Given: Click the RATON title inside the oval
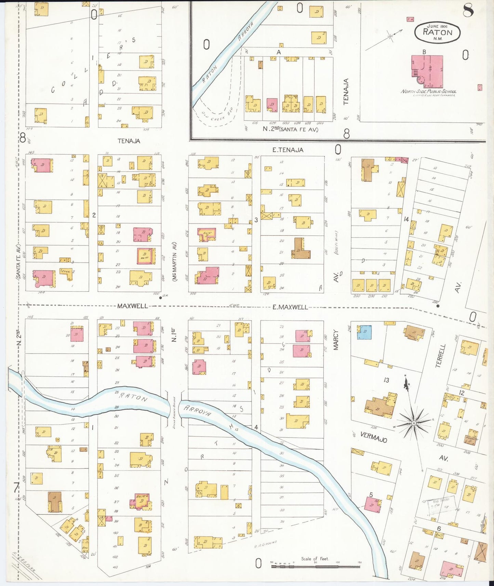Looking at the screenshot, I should [437, 32].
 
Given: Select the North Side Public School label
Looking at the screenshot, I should [428, 91].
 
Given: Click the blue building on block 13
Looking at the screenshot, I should [364, 332].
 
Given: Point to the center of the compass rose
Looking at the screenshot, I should [414, 423].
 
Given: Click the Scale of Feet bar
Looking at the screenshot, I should [315, 567].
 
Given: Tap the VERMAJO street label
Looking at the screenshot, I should [373, 437].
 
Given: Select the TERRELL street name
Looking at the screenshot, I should [441, 356].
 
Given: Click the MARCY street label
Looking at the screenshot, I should [336, 339].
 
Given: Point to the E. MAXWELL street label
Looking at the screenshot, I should [290, 307].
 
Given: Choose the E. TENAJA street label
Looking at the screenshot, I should [288, 150].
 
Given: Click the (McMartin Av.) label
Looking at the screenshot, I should [174, 262].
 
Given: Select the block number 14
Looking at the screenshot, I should [406, 219].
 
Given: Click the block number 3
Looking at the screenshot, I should [256, 220].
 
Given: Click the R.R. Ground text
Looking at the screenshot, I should [265, 544].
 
